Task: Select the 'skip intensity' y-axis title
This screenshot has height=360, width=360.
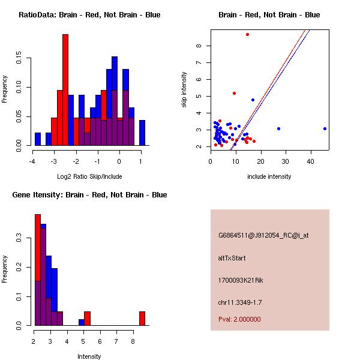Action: click(x=184, y=90)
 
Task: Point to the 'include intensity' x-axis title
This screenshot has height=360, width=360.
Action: click(x=269, y=176)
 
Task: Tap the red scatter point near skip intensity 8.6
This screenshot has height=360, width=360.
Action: click(x=247, y=35)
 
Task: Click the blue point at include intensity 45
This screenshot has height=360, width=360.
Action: click(x=325, y=128)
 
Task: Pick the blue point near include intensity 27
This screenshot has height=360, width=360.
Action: click(x=278, y=128)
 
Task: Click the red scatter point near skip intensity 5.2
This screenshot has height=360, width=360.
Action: click(x=234, y=93)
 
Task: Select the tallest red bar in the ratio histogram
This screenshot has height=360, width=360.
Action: click(x=65, y=90)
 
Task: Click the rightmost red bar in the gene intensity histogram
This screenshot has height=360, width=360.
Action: click(x=142, y=318)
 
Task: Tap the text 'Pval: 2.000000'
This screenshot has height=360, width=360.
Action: click(x=239, y=319)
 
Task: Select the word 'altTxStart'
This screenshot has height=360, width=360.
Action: click(x=232, y=258)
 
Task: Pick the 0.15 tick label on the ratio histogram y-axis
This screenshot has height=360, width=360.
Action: click(x=19, y=59)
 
